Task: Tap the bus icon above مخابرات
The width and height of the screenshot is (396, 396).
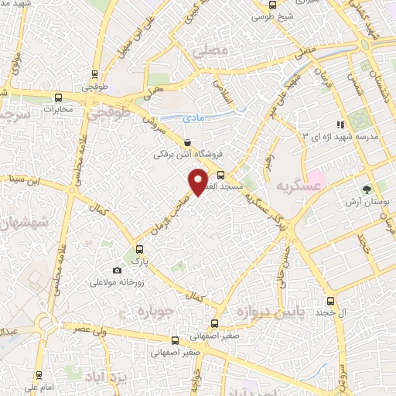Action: click(59, 97)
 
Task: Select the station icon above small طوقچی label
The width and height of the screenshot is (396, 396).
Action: click(94, 75)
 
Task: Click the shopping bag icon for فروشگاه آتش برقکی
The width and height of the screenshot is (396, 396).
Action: click(189, 142)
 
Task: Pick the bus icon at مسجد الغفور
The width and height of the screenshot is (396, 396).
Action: click(220, 175)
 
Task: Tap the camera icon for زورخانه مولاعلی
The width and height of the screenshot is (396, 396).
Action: click(117, 270)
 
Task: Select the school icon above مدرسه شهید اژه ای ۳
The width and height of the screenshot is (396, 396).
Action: click(338, 125)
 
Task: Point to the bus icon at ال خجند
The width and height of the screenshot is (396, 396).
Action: click(330, 299)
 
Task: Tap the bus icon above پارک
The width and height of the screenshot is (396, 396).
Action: click(139, 249)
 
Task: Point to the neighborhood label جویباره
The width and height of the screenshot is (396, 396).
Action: click(153, 310)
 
